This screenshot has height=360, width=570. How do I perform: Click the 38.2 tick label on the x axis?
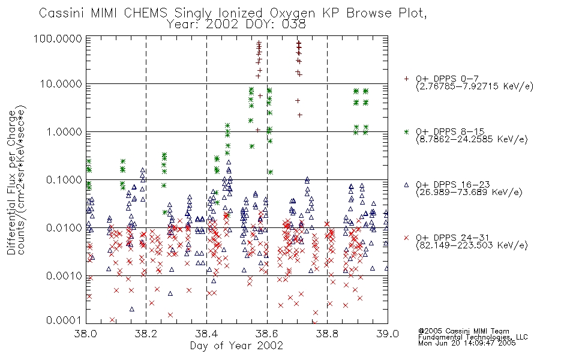pyautogui.click(x=146, y=334)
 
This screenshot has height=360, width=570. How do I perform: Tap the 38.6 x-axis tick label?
pyautogui.click(x=267, y=334)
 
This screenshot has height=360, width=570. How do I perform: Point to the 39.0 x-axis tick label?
pyautogui.click(x=388, y=334)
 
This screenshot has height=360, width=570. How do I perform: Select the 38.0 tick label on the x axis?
pyautogui.click(x=86, y=334)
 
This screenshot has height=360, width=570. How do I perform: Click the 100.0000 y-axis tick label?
pyautogui.click(x=58, y=38)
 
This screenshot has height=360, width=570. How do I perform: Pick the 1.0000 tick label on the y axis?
pyautogui.click(x=64, y=131)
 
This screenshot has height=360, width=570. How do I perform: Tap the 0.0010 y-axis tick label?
pyautogui.click(x=64, y=275)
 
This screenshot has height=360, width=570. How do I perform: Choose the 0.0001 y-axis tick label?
pyautogui.click(x=64, y=320)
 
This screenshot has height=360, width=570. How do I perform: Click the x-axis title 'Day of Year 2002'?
pyautogui.click(x=236, y=346)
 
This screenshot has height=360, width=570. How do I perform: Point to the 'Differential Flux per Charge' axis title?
pyautogui.click(x=11, y=182)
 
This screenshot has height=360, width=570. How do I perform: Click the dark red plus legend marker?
pyautogui.click(x=406, y=79)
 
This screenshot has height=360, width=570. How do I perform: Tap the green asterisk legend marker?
pyautogui.click(x=406, y=131)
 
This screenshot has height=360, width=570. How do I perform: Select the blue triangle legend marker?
pyautogui.click(x=406, y=185)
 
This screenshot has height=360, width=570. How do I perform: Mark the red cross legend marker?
pyautogui.click(x=406, y=238)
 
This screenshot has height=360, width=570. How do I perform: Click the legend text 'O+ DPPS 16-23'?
pyautogui.click(x=453, y=185)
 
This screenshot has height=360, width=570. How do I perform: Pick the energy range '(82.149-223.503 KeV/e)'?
pyautogui.click(x=472, y=245)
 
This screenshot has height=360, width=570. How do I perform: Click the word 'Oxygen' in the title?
pyautogui.click(x=292, y=13)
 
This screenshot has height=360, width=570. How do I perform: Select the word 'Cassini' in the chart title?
pyautogui.click(x=61, y=13)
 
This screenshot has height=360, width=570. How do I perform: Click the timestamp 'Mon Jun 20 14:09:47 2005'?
pyautogui.click(x=467, y=343)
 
